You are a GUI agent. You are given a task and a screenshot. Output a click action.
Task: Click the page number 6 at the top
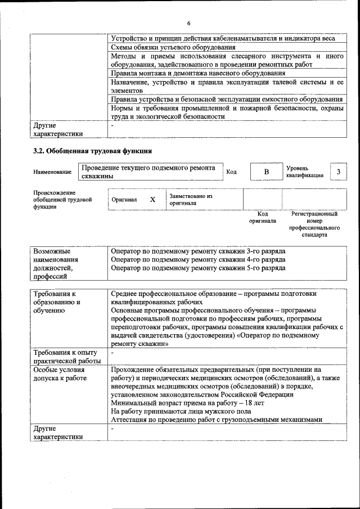(x=189, y=23)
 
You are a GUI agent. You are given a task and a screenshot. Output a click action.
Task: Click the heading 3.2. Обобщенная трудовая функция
(x=93, y=151)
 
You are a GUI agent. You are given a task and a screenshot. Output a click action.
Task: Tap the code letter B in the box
(x=267, y=172)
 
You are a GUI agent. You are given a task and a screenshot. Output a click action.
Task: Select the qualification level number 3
(x=338, y=171)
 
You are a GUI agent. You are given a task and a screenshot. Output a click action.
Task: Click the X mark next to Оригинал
(x=152, y=200)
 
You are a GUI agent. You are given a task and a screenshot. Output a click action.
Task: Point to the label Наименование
(x=52, y=172)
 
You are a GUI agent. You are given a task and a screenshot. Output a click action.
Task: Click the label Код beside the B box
(x=231, y=172)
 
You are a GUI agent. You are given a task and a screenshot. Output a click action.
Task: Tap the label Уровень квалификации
(x=304, y=172)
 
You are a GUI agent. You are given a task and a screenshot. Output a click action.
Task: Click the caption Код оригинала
(x=263, y=218)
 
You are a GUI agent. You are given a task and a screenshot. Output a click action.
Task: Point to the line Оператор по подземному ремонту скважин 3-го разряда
(x=198, y=250)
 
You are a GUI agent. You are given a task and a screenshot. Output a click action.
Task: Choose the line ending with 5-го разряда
(x=198, y=268)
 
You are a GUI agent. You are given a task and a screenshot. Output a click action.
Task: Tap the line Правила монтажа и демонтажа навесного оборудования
(x=198, y=73)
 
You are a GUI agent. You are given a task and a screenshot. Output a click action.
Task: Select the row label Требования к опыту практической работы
(x=67, y=357)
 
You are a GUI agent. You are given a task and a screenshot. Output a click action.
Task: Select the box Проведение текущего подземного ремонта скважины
(x=149, y=172)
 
